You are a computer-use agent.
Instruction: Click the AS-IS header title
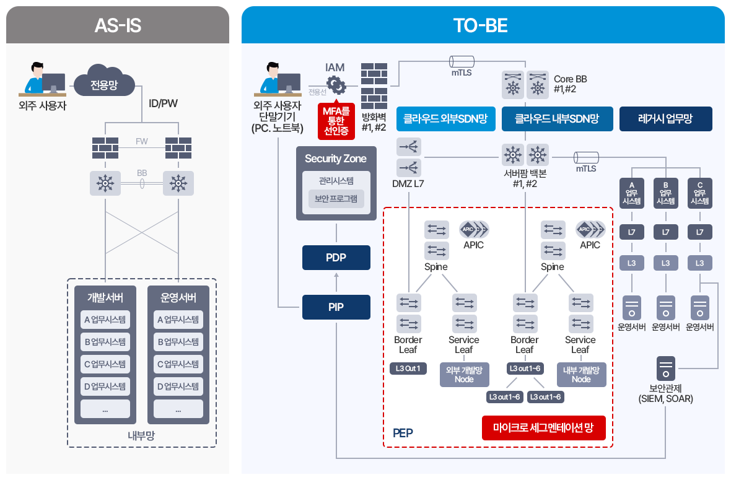(118, 25)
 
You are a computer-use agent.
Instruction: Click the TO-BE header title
(480, 25)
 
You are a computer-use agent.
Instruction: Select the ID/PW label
(163, 103)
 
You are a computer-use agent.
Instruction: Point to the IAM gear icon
(335, 84)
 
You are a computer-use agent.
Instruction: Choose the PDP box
(336, 258)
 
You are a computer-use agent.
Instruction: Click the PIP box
(336, 307)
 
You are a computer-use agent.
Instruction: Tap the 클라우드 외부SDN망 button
(445, 119)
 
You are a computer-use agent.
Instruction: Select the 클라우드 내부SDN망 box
(557, 119)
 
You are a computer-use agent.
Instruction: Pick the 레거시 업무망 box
(665, 119)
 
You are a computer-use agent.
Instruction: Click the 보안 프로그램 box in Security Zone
(336, 199)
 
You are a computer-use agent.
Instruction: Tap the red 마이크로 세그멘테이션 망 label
(543, 427)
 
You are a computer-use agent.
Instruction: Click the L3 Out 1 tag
(408, 369)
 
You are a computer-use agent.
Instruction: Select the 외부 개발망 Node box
(464, 374)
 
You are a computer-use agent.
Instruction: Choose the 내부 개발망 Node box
(581, 374)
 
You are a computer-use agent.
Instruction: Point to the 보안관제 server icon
(666, 368)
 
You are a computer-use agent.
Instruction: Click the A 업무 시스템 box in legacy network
(631, 193)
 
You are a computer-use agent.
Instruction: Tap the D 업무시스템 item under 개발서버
(105, 386)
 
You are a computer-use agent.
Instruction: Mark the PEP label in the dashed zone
(403, 432)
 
